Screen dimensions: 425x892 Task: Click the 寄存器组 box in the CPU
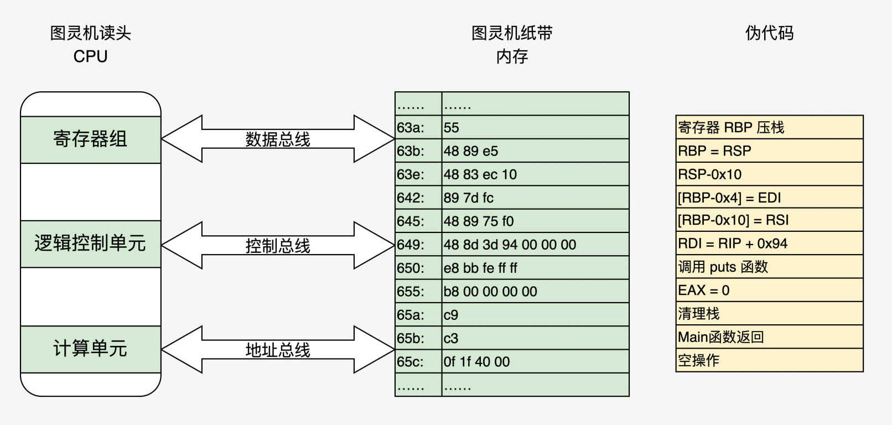tap(90, 139)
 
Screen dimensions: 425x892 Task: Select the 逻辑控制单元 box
tap(90, 244)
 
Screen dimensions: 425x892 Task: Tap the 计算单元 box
tap(90, 349)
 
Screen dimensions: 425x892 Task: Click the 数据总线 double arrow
tap(278, 139)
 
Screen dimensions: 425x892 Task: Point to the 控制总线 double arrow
tap(278, 245)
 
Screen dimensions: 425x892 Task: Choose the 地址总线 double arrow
tap(278, 349)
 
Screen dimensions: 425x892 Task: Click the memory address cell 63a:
tap(418, 127)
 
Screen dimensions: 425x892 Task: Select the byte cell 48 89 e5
tap(535, 151)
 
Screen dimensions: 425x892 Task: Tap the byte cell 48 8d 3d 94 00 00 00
tap(535, 244)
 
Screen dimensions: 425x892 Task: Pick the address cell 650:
tap(418, 268)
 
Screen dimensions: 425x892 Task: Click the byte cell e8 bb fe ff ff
tap(535, 268)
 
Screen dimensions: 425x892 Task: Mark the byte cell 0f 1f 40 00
tap(535, 361)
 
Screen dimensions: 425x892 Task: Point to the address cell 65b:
tap(418, 338)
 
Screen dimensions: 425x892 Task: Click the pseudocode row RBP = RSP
tap(769, 151)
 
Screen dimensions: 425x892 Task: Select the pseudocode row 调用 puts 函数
tap(769, 267)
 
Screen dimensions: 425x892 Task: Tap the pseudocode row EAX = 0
tap(769, 290)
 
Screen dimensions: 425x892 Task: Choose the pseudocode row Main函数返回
tap(769, 337)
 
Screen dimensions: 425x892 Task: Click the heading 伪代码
tap(769, 33)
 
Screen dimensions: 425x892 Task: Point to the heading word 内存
tap(512, 56)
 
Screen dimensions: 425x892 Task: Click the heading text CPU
tap(90, 56)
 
